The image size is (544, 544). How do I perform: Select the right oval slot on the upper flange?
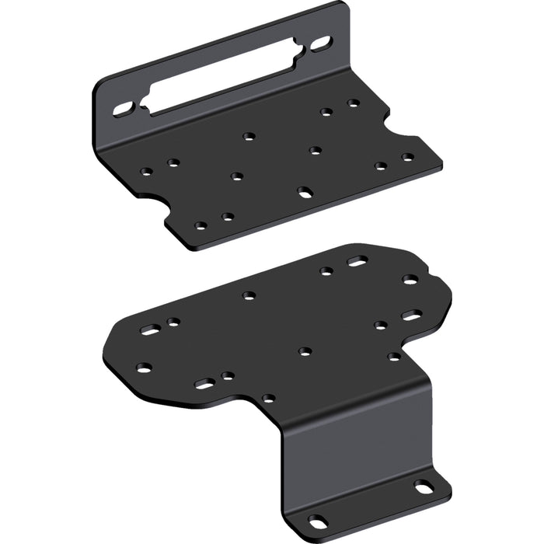click(x=321, y=44)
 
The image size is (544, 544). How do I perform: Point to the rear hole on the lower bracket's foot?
click(x=424, y=488)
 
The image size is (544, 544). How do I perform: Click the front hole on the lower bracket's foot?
click(x=318, y=521)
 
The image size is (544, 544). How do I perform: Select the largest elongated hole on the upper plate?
click(x=305, y=190)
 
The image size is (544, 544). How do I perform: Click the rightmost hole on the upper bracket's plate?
click(x=407, y=157)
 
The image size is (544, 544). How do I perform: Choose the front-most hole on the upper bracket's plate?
click(x=201, y=226)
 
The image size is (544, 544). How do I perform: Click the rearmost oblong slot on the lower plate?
click(x=357, y=262)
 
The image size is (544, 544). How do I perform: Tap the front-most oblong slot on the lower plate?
click(x=204, y=384)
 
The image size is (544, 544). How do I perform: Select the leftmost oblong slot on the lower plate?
click(x=149, y=330)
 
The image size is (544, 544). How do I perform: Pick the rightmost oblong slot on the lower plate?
click(x=411, y=315)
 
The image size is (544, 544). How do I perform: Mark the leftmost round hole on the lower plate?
click(x=143, y=368)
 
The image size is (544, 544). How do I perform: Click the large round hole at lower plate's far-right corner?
click(x=410, y=279)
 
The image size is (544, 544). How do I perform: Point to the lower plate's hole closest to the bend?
click(x=268, y=398)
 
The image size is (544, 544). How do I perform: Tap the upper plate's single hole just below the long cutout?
click(x=249, y=137)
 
